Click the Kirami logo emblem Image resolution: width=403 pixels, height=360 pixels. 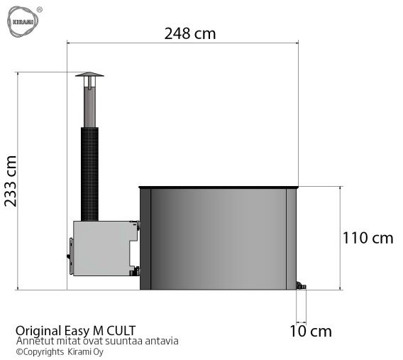[21, 21]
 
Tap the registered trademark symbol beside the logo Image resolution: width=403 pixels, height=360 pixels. [38, 9]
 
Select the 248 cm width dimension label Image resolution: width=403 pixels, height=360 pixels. [189, 33]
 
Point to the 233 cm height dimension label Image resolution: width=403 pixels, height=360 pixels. [11, 180]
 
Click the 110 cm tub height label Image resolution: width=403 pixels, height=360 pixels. [368, 238]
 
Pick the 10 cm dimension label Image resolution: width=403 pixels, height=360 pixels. [311, 331]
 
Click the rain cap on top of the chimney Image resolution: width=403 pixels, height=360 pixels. [89, 76]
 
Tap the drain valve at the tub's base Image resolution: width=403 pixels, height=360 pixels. [301, 286]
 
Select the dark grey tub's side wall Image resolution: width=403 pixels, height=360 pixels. [219, 238]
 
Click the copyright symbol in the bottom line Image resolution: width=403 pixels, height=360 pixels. [19, 351]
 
